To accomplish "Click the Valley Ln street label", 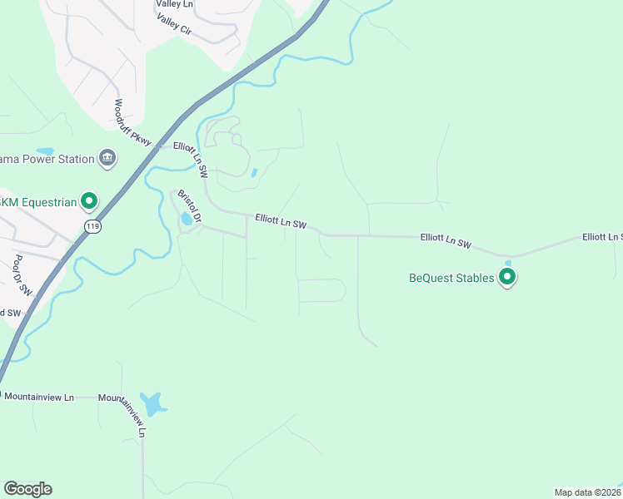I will coord(174,5).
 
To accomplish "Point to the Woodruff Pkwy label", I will coord(133,123).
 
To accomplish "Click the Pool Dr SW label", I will coord(22,275).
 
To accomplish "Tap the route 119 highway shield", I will coord(92,225).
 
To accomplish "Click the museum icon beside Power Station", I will coord(107,158).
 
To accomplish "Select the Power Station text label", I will coord(47,159).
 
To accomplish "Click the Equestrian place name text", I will coord(38,201).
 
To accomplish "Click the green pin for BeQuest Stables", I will coord(506,278).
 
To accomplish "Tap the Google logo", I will coord(27,489).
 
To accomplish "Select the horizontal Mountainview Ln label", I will coord(39,398).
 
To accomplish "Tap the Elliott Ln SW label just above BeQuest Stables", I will coord(446,241).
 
